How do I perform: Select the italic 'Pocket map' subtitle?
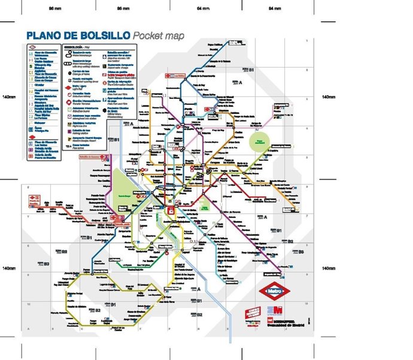click(157, 35)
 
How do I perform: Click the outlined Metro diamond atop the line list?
click(32, 46)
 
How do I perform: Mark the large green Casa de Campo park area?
click(124, 186)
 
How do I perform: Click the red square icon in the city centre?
click(171, 211)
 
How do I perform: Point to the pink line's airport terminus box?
click(278, 110)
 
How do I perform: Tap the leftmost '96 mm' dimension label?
click(55, 8)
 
